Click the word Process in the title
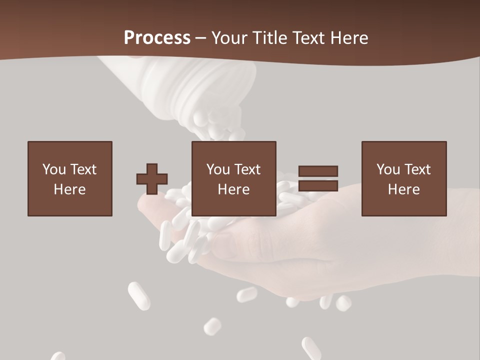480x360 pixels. click(x=157, y=37)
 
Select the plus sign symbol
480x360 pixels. click(x=152, y=179)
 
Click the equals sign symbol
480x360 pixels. click(x=318, y=178)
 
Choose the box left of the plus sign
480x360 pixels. click(x=70, y=178)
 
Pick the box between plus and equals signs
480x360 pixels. click(x=234, y=178)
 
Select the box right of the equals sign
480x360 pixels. click(x=404, y=178)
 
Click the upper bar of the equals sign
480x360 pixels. click(x=318, y=171)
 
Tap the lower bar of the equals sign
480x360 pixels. click(x=318, y=186)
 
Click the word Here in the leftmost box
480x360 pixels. click(x=70, y=189)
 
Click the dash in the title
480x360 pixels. click(x=201, y=38)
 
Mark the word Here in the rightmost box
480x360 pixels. click(x=404, y=189)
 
